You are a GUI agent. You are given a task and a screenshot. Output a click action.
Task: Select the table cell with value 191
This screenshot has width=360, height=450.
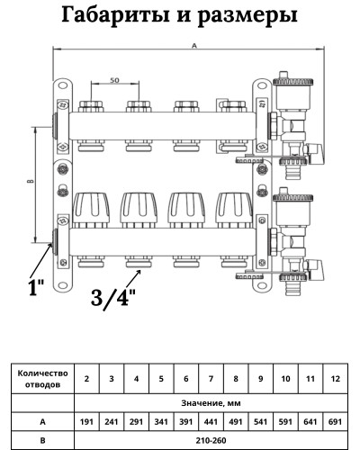[x=85, y=419]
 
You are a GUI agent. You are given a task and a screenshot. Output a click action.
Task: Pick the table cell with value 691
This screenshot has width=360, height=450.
[x=335, y=419]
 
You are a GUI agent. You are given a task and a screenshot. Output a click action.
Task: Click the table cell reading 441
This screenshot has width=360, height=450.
[x=211, y=419]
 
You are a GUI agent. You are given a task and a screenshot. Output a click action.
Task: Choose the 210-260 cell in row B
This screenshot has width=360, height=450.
[x=211, y=439]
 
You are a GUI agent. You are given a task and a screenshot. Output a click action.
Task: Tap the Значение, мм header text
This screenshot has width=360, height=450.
[x=210, y=400]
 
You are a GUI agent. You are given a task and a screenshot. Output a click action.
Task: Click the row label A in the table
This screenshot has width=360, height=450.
[x=42, y=419]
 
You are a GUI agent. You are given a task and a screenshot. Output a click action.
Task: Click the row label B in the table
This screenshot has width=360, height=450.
[x=42, y=439]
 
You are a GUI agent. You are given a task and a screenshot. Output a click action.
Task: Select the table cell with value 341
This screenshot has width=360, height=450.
[x=160, y=419]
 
